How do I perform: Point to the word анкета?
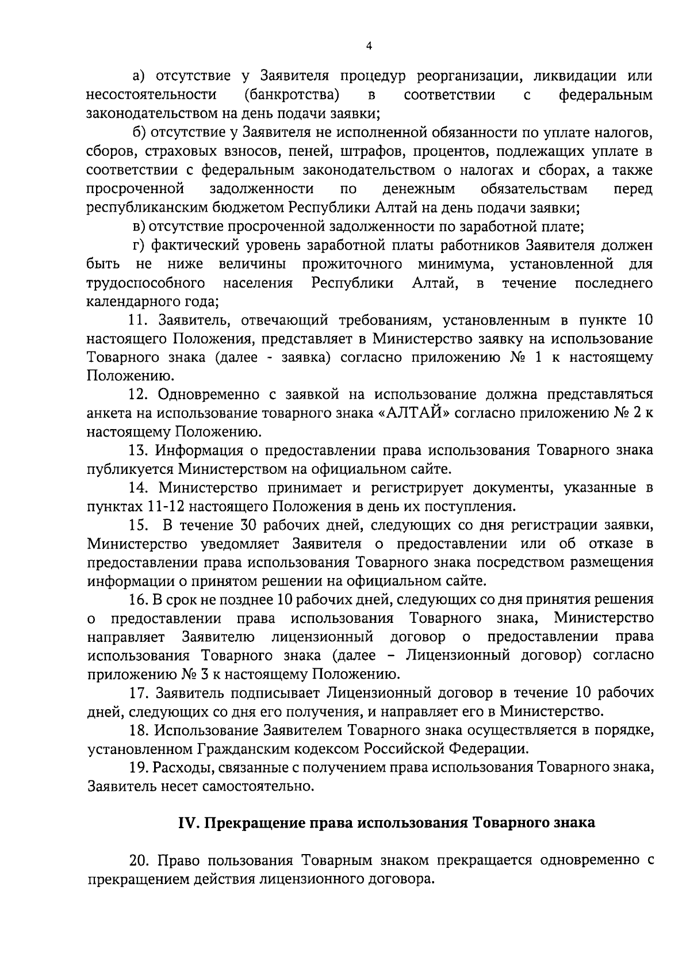point(108,414)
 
